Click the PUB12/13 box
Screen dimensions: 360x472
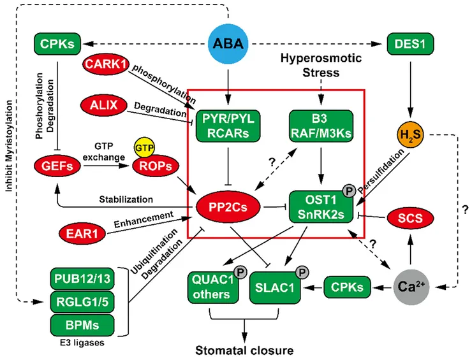(x=80, y=279)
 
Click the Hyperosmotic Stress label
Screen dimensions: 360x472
(x=321, y=65)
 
